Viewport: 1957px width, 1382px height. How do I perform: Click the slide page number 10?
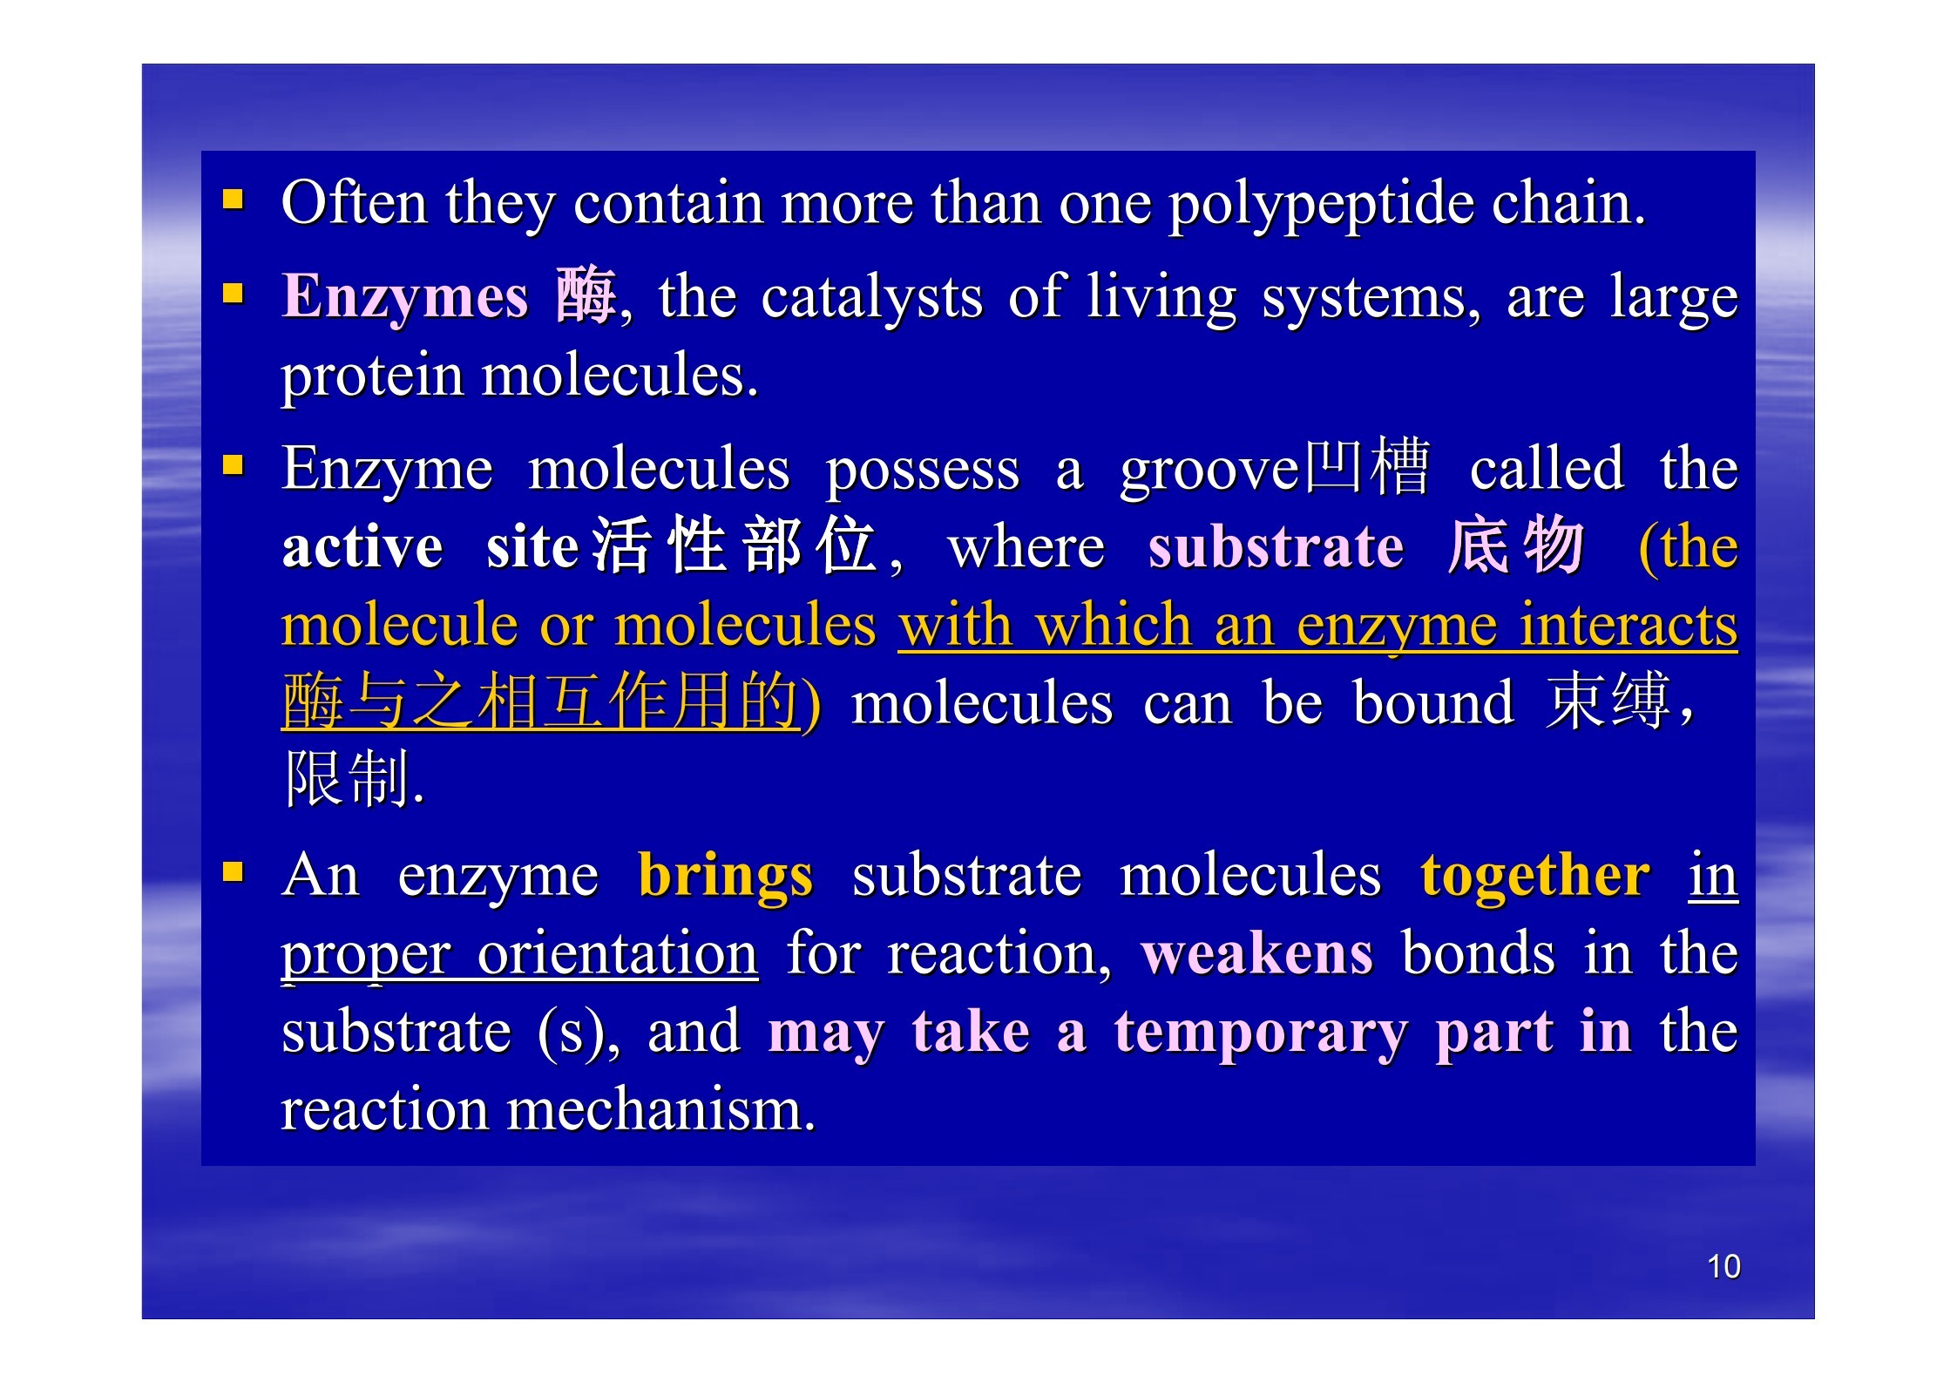point(1723,1266)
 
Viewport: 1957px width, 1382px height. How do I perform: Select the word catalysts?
point(871,296)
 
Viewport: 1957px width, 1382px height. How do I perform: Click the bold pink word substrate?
point(1276,548)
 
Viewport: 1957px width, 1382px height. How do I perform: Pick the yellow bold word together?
point(1534,877)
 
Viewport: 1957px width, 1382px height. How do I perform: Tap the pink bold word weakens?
point(1256,953)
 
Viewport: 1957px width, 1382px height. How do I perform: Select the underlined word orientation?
point(618,953)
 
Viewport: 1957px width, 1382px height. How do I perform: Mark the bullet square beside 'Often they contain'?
point(233,201)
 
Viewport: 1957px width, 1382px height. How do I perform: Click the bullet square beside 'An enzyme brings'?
point(233,871)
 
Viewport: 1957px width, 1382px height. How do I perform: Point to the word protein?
point(372,376)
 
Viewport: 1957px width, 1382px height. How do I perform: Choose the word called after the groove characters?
point(1547,468)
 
